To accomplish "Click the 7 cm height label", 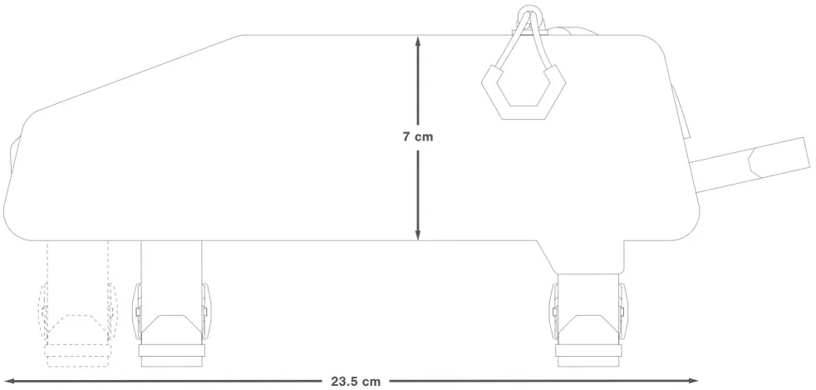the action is click(x=417, y=137).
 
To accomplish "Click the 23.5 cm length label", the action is click(x=356, y=381).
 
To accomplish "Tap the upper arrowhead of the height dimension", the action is click(x=417, y=41).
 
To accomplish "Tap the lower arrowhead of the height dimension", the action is click(x=417, y=234).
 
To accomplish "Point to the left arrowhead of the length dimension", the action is click(x=9, y=381).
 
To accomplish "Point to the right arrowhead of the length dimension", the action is click(x=693, y=381).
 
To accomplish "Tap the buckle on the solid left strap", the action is click(x=171, y=313).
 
